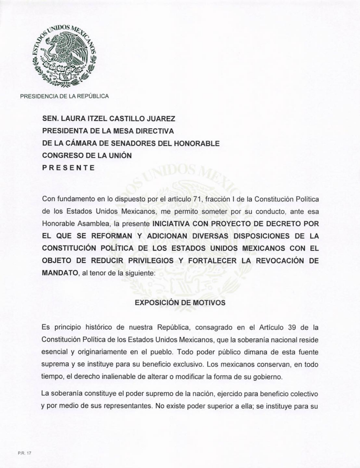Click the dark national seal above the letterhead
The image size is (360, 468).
[x=64, y=55]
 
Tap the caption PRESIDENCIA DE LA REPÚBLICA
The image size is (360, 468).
[x=64, y=96]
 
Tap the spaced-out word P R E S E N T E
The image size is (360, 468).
[x=68, y=168]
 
